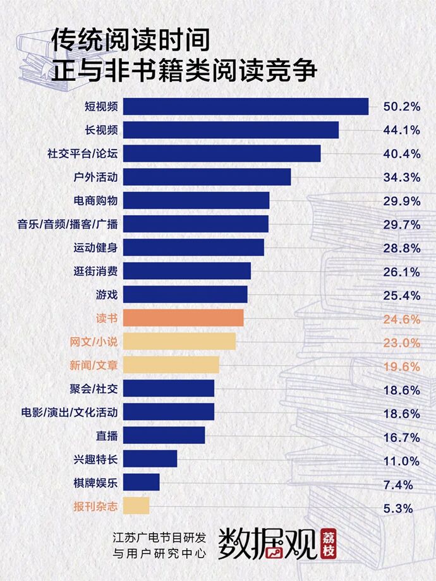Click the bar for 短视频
pyautogui.click(x=245, y=107)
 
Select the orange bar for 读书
pyautogui.click(x=183, y=318)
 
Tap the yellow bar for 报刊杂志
pyautogui.click(x=136, y=506)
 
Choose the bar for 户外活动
pyautogui.click(x=207, y=177)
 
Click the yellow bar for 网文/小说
pyautogui.click(x=179, y=342)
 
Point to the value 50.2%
pyautogui.click(x=401, y=107)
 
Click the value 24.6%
pyautogui.click(x=401, y=319)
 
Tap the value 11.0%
pyautogui.click(x=401, y=461)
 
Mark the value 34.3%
pyautogui.click(x=401, y=177)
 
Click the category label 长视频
pyautogui.click(x=102, y=130)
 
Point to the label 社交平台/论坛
pyautogui.click(x=83, y=153)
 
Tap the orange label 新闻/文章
pyautogui.click(x=94, y=365)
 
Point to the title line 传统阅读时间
pyautogui.click(x=130, y=42)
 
